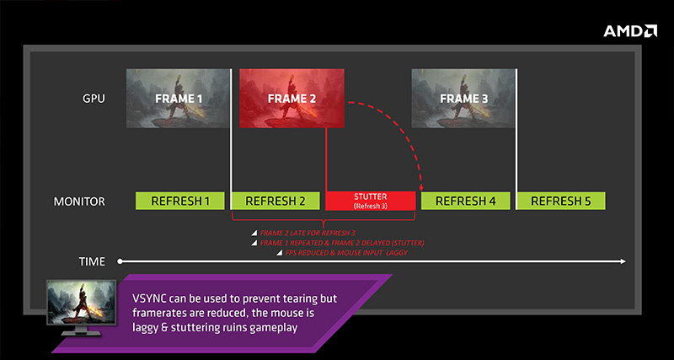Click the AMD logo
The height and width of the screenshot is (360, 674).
click(x=630, y=31)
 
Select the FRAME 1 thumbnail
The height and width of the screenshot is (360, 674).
click(x=178, y=99)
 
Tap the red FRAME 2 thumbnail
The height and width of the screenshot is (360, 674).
click(x=292, y=99)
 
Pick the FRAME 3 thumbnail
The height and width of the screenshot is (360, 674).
click(x=463, y=99)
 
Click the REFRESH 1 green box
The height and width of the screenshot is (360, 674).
click(x=180, y=201)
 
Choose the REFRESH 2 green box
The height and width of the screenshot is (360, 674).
click(x=275, y=201)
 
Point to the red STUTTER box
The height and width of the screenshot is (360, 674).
click(x=371, y=201)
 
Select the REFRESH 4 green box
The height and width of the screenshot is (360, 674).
click(x=466, y=201)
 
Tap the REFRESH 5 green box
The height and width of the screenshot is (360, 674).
click(x=561, y=201)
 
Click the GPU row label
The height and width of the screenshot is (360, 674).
click(x=94, y=99)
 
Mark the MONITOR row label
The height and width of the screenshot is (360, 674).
click(x=79, y=201)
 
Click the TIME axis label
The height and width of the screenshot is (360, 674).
click(x=92, y=261)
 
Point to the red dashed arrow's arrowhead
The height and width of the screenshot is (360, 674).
click(x=421, y=188)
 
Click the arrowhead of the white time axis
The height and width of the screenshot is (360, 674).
click(x=623, y=261)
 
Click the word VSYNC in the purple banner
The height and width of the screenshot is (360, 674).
click(x=146, y=299)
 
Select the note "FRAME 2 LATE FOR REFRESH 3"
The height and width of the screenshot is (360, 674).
click(x=308, y=234)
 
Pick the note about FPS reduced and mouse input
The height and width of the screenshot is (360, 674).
click(x=346, y=253)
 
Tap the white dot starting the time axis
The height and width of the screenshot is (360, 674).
click(x=120, y=261)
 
